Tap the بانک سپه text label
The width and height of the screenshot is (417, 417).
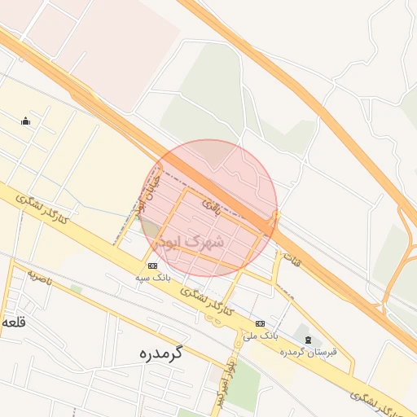point(152,278)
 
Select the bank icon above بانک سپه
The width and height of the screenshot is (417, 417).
point(152,266)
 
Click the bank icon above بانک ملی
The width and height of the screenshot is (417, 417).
point(260,323)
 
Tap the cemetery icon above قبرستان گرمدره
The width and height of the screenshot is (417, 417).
point(307,340)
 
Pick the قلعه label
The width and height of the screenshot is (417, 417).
point(15,322)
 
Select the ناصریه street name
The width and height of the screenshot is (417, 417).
point(38,279)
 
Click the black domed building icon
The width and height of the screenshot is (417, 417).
point(25,121)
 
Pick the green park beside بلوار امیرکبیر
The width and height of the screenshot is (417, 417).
point(242,384)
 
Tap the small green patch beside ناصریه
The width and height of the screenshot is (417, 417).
point(76,288)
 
